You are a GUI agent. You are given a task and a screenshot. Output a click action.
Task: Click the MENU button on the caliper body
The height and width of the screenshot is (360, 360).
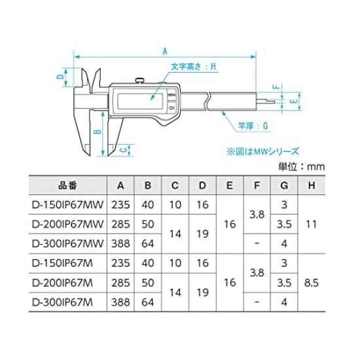click(x=171, y=96)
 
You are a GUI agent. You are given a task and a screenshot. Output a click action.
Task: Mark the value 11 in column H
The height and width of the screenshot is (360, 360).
click(x=312, y=224)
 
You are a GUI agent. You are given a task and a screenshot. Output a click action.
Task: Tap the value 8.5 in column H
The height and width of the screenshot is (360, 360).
click(x=312, y=283)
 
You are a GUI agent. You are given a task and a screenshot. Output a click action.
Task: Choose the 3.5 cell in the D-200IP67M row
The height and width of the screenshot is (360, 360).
click(x=283, y=283)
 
